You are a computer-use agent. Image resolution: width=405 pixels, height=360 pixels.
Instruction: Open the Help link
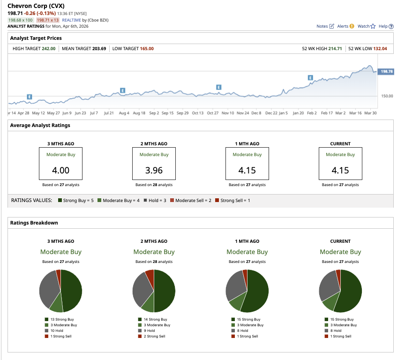click(385, 26)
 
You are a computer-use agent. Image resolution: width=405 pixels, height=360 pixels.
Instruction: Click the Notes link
click(325, 26)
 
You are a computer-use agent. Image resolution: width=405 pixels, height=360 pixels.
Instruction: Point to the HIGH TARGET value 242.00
click(48, 48)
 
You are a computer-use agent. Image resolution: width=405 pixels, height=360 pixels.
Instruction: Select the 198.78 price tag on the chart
click(386, 71)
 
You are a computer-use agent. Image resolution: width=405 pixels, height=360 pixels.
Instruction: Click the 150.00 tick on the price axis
click(387, 96)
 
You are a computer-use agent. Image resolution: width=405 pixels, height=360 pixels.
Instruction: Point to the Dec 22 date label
click(271, 113)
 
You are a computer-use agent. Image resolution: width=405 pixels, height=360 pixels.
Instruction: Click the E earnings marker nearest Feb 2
click(310, 77)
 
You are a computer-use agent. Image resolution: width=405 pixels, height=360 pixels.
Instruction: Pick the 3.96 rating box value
click(154, 170)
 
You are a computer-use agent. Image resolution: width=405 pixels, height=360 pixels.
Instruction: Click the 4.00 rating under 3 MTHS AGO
click(60, 170)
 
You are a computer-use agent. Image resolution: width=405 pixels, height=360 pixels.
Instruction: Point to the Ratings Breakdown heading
click(34, 223)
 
